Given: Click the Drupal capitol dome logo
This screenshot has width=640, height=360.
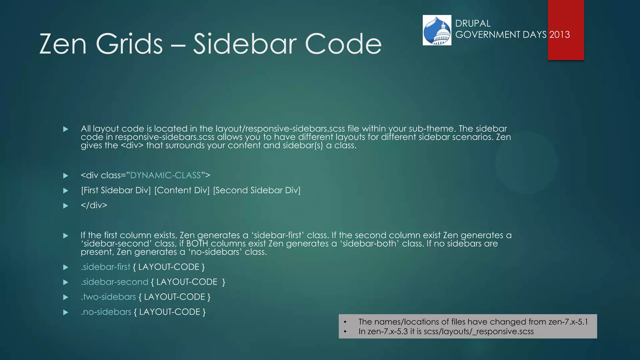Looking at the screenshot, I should click(437, 30).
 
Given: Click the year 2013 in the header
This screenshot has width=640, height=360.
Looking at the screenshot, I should click(559, 34).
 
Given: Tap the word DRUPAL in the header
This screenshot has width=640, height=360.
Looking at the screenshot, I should click(472, 23).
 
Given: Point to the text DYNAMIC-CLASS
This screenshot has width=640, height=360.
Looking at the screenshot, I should click(165, 175).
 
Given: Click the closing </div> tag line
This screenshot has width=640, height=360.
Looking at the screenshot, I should click(94, 205).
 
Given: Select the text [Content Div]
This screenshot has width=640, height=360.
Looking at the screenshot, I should click(182, 190).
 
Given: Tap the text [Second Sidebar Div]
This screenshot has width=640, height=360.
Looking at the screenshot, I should click(257, 190).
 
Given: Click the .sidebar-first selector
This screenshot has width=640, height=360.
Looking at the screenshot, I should click(105, 267).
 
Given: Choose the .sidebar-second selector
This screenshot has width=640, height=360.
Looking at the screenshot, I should click(114, 282).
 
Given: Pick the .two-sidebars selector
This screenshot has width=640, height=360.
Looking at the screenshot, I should click(108, 297).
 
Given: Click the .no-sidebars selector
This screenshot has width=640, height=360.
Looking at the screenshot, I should click(106, 312).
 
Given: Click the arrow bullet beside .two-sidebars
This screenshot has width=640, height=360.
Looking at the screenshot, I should click(66, 297).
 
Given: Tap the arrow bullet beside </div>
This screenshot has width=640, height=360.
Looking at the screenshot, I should click(66, 206).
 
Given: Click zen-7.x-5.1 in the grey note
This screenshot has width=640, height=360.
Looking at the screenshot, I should click(568, 322).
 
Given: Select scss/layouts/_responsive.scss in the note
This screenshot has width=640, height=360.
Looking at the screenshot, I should click(478, 331).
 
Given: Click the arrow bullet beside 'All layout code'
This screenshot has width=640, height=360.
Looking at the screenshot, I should click(66, 129).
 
